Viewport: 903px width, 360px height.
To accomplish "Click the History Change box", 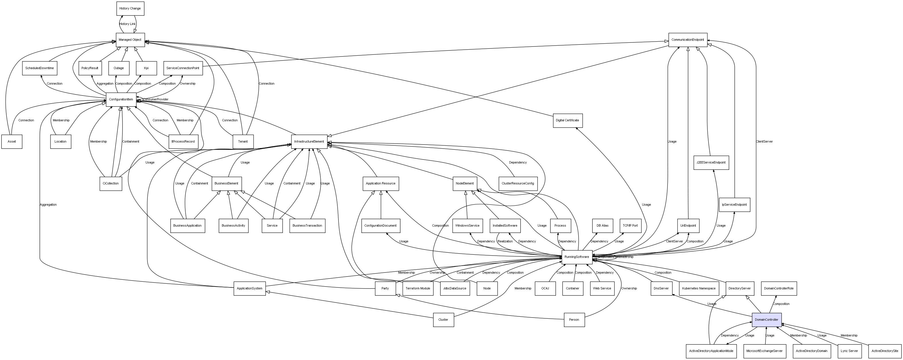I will pyautogui.click(x=130, y=8).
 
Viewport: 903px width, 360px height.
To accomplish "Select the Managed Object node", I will pyautogui.click(x=130, y=40).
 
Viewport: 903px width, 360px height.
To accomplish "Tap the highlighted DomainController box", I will pyautogui.click(x=767, y=320).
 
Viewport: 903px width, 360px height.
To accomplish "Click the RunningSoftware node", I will pyautogui.click(x=577, y=257).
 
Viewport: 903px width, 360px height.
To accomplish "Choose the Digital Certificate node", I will pyautogui.click(x=567, y=120).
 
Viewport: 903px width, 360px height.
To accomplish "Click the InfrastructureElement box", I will pyautogui.click(x=309, y=142).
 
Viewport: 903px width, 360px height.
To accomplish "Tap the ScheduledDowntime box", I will pyautogui.click(x=40, y=68).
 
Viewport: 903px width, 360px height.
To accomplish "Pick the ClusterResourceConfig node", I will pyautogui.click(x=518, y=184).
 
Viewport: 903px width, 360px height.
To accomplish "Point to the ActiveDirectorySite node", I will pyautogui.click(x=885, y=351).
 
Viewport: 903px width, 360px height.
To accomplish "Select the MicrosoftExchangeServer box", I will pyautogui.click(x=764, y=351).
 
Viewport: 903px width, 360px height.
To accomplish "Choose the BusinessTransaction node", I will pyautogui.click(x=308, y=226).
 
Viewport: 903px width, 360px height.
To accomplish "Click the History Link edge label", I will pyautogui.click(x=127, y=24).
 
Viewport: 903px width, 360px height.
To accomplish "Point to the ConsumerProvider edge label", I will pyautogui.click(x=156, y=100).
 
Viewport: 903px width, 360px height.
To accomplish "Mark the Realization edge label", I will pyautogui.click(x=505, y=242).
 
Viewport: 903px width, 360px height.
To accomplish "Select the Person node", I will pyautogui.click(x=574, y=320).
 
